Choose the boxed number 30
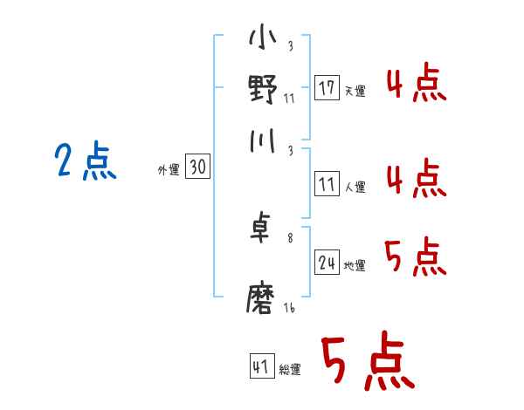198,168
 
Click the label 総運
290,369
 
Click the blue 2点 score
86,162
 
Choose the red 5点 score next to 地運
416,258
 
